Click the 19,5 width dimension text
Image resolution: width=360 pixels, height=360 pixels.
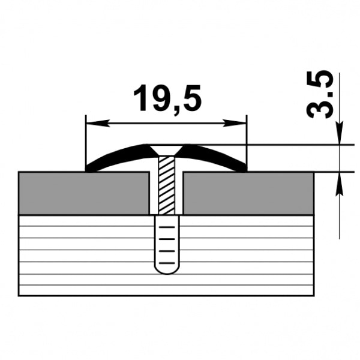coord(167,98)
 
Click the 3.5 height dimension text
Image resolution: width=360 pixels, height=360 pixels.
coord(320,94)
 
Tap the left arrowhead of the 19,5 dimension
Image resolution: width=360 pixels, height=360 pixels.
coord(98,123)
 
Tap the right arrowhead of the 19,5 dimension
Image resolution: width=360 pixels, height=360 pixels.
coord(235,123)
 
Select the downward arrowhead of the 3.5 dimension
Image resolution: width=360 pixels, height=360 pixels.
coord(340,133)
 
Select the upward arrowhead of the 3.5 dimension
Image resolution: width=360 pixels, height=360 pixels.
coord(340,184)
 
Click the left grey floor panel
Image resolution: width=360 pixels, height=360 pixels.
coord(84,193)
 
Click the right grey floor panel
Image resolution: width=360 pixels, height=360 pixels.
coord(248,193)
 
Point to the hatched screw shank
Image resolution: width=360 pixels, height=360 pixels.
coord(166,185)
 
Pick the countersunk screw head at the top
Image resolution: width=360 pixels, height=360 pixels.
coord(166,150)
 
